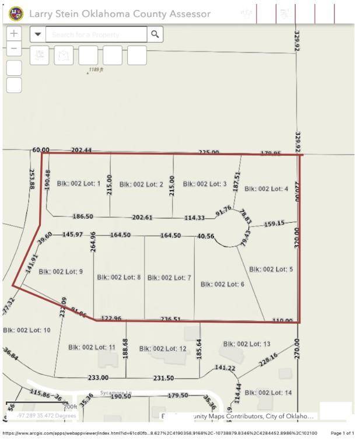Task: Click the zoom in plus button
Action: [x=15, y=34]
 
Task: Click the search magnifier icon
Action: [x=155, y=34]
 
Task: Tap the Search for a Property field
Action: [x=96, y=34]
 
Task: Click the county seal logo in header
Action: [x=16, y=13]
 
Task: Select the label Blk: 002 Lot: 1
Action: [x=79, y=184]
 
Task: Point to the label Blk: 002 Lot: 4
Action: [x=266, y=189]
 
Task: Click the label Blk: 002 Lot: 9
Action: [x=61, y=272]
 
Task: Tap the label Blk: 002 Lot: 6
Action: [x=222, y=284]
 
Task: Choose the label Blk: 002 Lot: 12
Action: [x=163, y=349]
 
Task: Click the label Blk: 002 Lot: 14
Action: [x=268, y=393]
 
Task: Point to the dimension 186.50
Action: [x=83, y=216]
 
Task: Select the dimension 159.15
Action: [x=274, y=223]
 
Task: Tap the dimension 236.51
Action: [x=170, y=319]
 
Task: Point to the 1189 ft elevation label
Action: [x=96, y=69]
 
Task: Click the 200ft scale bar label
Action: [x=70, y=407]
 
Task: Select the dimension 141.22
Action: [x=225, y=368]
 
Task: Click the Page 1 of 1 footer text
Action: [x=342, y=433]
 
